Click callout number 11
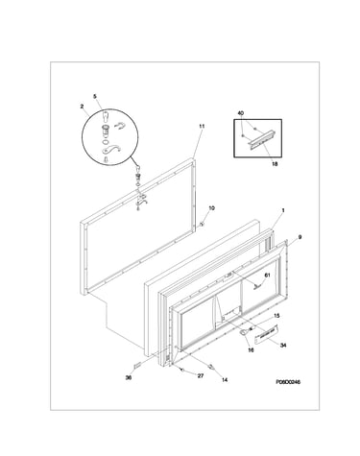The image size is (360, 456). tap(202, 127)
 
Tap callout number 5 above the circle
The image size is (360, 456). tap(95, 96)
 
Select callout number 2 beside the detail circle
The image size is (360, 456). tap(82, 107)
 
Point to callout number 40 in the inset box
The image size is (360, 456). tap(241, 113)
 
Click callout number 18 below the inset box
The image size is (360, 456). tap(275, 164)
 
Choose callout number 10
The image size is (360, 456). tap(211, 208)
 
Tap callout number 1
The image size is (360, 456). tap(283, 210)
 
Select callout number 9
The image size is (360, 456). tap(300, 237)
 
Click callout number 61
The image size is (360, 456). tap(267, 276)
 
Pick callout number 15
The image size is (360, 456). tap(276, 316)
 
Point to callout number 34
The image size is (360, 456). tap(283, 346)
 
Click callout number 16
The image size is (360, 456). tap(252, 350)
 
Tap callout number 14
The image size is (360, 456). tap(225, 380)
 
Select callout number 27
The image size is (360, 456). tap(201, 376)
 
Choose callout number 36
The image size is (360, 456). tap(129, 378)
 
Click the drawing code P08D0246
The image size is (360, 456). tap(288, 382)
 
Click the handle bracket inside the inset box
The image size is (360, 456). tap(261, 139)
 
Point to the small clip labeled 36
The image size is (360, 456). tap(137, 365)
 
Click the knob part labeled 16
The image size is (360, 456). tap(244, 332)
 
